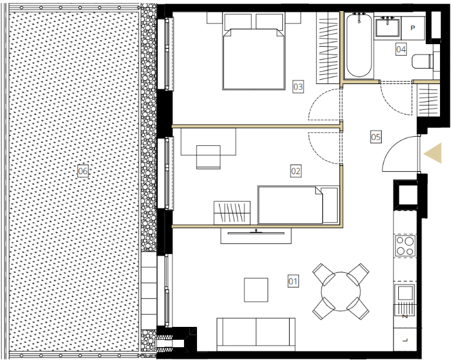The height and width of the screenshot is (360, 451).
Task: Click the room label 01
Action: [293, 281]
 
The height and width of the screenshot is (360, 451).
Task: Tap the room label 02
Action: [296, 171]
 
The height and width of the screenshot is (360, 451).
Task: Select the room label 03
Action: [298, 86]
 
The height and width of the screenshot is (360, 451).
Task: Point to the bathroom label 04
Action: [401, 50]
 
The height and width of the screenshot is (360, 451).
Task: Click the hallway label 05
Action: [376, 137]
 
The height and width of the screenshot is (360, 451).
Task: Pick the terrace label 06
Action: [83, 171]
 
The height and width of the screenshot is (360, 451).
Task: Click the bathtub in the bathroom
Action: [359, 45]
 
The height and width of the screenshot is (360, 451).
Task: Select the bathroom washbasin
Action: [387, 27]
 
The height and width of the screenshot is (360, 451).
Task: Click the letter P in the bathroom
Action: [413, 28]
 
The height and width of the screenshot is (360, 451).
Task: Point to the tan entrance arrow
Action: [433, 153]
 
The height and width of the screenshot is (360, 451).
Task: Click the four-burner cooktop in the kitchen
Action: [405, 246]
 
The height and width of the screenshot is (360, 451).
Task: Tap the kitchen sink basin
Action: [404, 294]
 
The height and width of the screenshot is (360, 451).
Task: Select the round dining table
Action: [341, 291]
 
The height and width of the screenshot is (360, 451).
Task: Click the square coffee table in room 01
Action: [256, 290]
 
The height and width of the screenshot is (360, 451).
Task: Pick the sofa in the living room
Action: [256, 334]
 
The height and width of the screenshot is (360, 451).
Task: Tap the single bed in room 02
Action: [298, 205]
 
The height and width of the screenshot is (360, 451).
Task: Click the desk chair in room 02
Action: [209, 157]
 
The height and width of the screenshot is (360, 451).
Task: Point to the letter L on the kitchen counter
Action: [405, 340]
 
